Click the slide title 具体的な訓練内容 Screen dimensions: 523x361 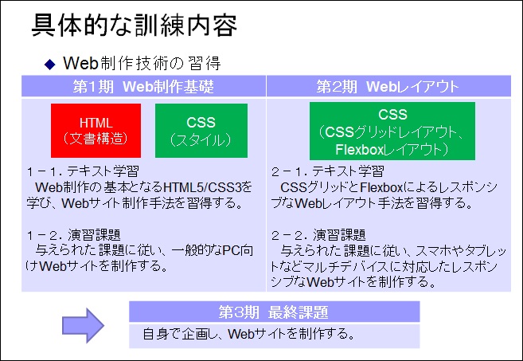pos(134,25)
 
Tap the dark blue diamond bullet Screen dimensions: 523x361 pos(49,64)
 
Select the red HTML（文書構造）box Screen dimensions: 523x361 pos(96,130)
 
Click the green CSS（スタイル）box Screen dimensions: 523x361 pos(201,130)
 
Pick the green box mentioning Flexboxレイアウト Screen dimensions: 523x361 pos(392,131)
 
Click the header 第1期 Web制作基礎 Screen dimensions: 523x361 pos(143,87)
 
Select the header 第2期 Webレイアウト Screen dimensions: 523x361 pos(388,87)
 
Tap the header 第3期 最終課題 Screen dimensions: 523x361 pos(274,312)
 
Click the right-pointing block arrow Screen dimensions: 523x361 pos(83,325)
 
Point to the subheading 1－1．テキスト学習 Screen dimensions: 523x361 pos(83,171)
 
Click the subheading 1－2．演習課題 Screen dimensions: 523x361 pos(73,235)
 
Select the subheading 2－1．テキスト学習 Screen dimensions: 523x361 pos(327,171)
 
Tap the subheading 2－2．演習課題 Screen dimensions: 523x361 pos(318,235)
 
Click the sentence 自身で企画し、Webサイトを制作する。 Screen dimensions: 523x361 pos(249,334)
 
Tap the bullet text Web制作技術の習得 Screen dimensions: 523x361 pos(142,63)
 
